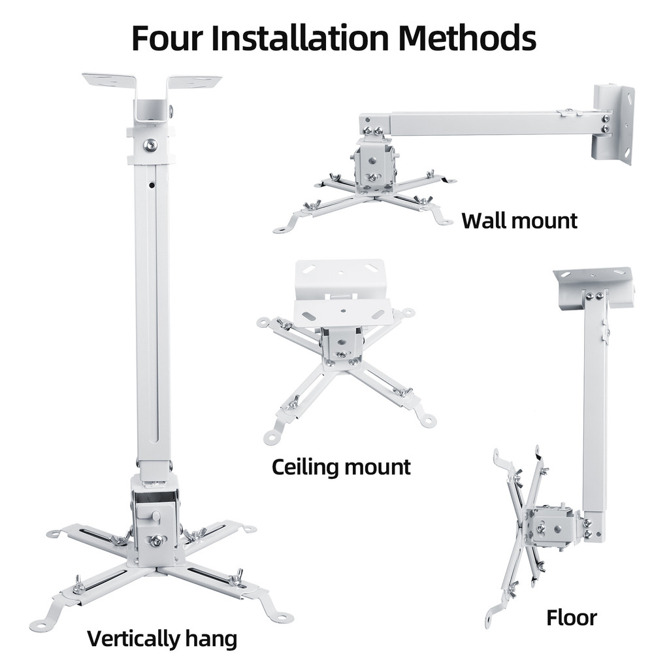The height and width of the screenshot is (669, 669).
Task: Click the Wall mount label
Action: click(x=519, y=221)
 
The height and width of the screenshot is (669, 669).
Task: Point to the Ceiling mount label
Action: click(x=341, y=466)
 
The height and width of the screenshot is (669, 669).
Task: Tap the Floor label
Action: click(x=571, y=618)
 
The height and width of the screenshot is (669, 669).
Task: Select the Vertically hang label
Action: click(x=162, y=639)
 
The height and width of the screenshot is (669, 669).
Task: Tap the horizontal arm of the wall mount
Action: click(x=495, y=123)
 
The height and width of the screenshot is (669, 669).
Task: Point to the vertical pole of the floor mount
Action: click(x=595, y=405)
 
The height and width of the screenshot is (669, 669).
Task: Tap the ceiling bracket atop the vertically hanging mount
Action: click(x=152, y=96)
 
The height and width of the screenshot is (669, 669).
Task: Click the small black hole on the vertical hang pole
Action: click(x=152, y=185)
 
